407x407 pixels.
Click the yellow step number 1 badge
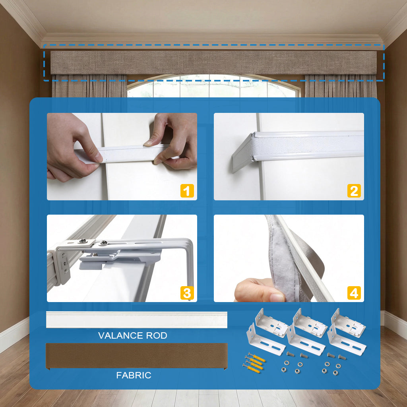coord(187,191)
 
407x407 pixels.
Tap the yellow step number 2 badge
coord(354,191)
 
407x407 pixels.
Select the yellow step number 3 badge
coord(187,293)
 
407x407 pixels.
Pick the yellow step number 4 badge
coord(354,293)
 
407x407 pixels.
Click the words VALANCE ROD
coord(132,335)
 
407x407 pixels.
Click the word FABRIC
coord(134,375)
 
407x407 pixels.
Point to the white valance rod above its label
coord(137,320)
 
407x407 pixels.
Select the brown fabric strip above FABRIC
coord(137,356)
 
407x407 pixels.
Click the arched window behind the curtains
coord(214,86)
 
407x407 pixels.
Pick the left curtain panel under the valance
coord(89,86)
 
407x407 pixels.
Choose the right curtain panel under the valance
coord(341,86)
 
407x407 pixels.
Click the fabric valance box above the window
coord(213,62)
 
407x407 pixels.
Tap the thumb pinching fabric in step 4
coord(260,290)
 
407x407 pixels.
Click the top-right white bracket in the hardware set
coord(348,323)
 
